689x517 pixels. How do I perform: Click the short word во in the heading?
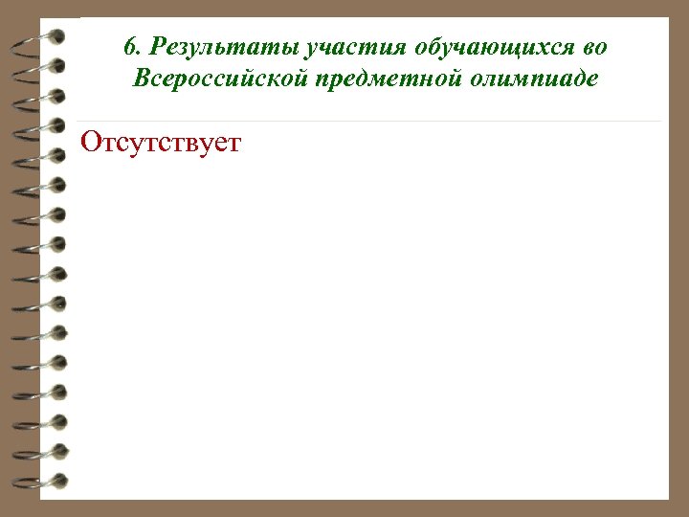point(594,47)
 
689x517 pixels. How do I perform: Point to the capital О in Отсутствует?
point(92,144)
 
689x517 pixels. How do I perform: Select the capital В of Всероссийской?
point(141,79)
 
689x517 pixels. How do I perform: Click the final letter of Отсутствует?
point(235,145)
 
